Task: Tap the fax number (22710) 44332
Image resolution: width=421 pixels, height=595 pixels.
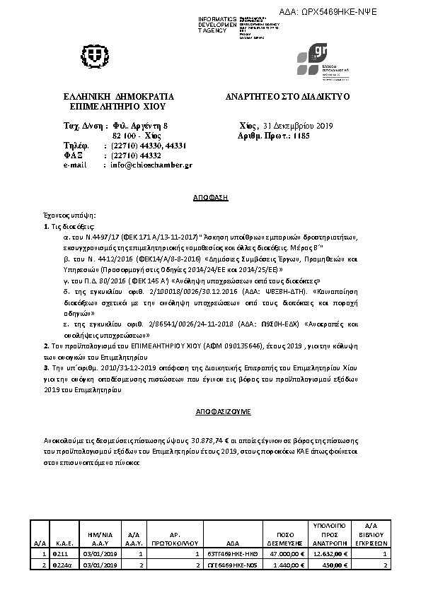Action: [x=132, y=155]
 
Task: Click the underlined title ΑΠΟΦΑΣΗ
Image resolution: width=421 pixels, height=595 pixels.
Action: [x=210, y=200]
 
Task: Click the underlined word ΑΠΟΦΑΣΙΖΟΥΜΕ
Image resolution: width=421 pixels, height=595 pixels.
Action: [x=210, y=411]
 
